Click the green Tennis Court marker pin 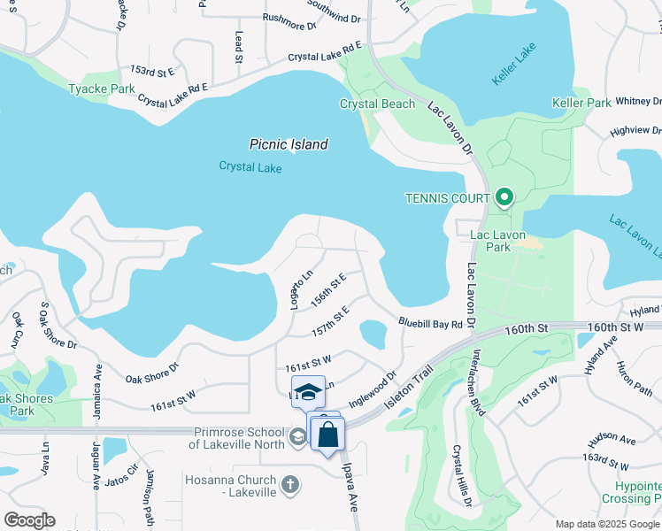tap(504, 196)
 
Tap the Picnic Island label tap(289, 144)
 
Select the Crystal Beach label tap(378, 104)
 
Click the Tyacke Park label tap(102, 89)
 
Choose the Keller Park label tap(581, 104)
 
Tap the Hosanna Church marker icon tap(291, 484)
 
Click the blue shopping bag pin tap(327, 435)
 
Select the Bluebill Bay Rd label tap(430, 324)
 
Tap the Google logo tap(29, 519)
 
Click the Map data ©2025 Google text tap(607, 524)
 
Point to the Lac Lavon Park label tap(491, 241)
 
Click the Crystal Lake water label tap(249, 166)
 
